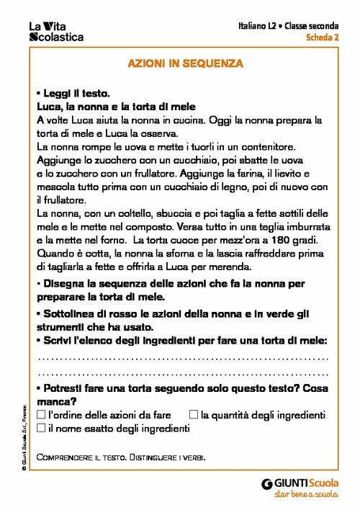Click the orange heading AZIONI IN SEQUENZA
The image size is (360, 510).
pos(186,63)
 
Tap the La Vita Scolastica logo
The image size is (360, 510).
pos(55,32)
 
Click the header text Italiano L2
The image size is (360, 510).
pos(258,26)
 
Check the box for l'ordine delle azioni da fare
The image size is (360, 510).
pos(41,416)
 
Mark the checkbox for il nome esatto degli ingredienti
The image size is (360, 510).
pos(41,429)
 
